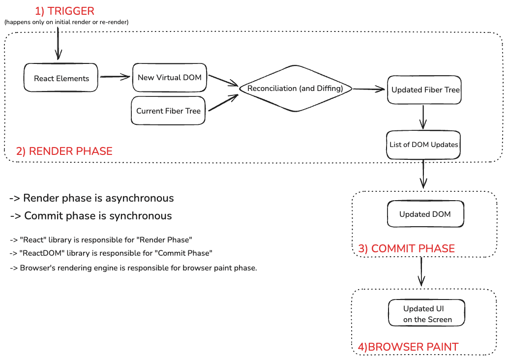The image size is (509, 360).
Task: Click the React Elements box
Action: [x=61, y=78]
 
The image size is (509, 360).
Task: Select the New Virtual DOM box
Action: [x=170, y=77]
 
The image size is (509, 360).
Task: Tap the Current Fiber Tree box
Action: [x=169, y=111]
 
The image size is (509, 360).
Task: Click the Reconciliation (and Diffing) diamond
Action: [x=296, y=89]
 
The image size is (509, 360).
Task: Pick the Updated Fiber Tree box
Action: [x=424, y=90]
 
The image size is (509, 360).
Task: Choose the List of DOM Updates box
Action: [x=423, y=145]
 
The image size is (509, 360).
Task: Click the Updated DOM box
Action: [x=424, y=214]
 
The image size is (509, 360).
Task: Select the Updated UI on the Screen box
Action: [x=427, y=314]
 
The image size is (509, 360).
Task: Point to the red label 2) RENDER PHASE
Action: [x=64, y=151]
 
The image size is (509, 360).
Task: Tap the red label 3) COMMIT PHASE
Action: [x=406, y=248]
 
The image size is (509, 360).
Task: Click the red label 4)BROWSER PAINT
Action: [x=408, y=347]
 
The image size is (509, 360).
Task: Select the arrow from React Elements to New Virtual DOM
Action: [x=115, y=77]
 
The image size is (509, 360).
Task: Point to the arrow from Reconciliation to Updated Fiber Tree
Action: [x=369, y=89]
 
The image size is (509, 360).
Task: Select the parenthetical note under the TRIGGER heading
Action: [x=66, y=22]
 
